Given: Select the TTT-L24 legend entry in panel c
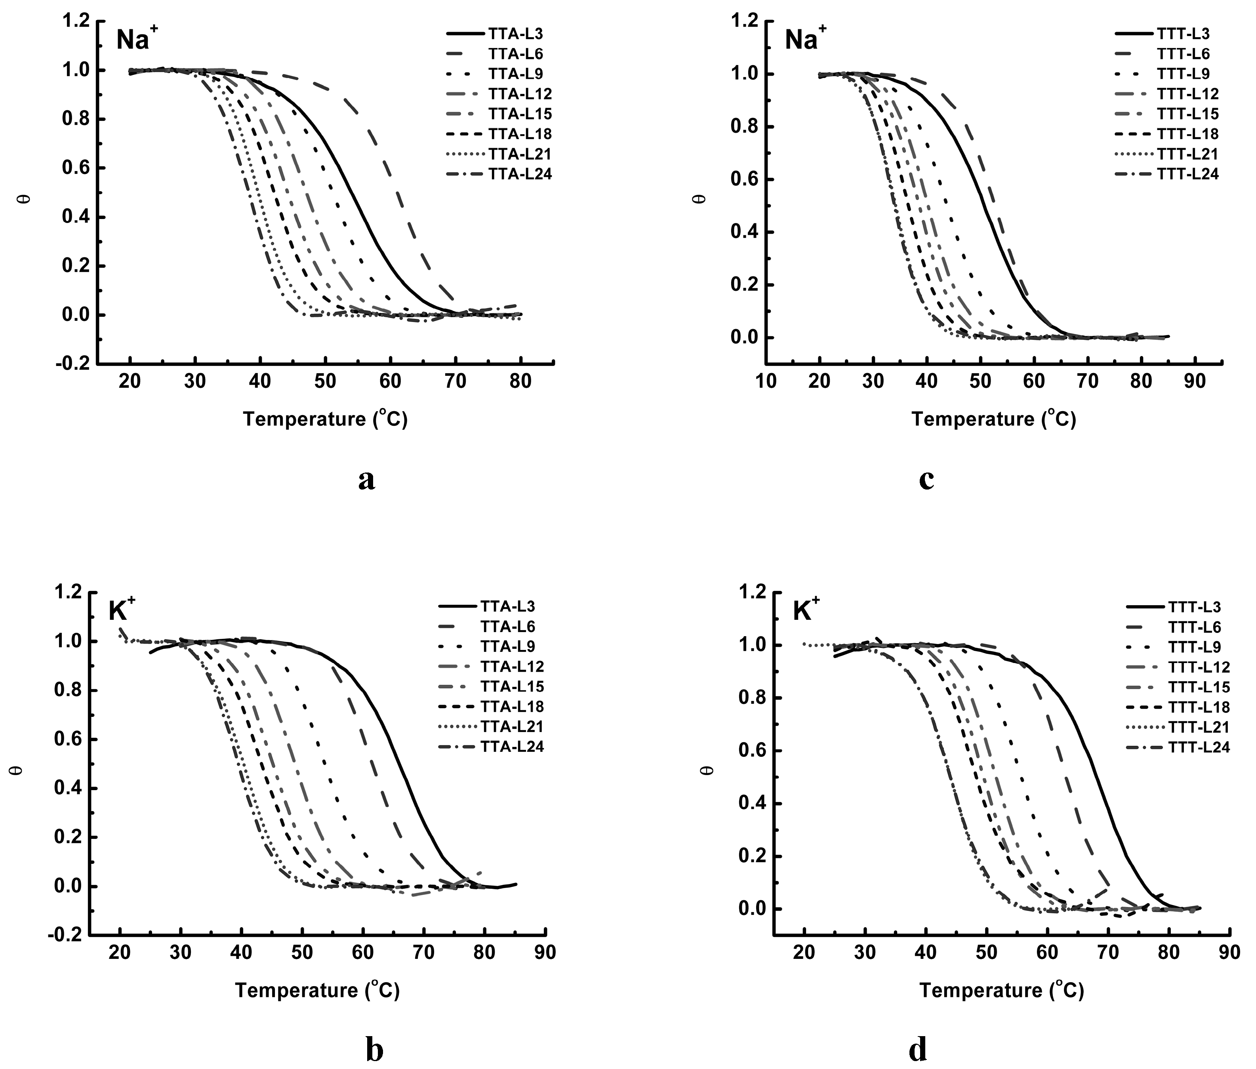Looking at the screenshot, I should [1187, 174].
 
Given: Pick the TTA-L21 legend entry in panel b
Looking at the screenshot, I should [512, 726].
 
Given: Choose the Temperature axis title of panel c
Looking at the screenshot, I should [994, 419].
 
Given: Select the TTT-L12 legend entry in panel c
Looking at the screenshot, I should [1187, 94].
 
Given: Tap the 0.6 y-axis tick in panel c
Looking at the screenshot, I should [744, 179].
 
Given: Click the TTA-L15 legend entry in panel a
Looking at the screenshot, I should [520, 114].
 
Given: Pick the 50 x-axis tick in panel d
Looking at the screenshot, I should [986, 952].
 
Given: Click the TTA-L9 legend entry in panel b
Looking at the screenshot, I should [508, 646].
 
